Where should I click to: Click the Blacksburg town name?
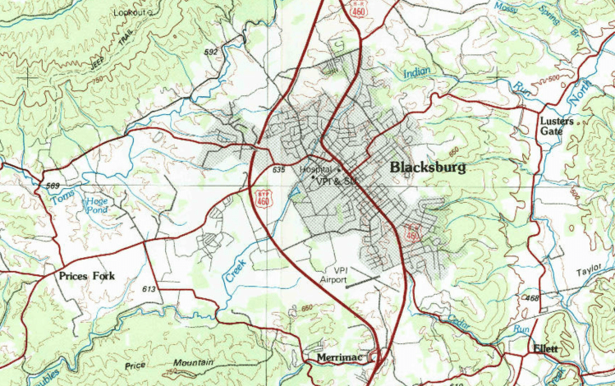[x=427, y=168]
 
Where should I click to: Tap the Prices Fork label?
[x=86, y=276]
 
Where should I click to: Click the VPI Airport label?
[x=333, y=275]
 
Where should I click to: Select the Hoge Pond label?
[x=97, y=205]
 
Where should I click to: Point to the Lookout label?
[x=132, y=12]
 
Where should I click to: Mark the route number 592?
[x=211, y=53]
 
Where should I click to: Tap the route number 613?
[x=149, y=290]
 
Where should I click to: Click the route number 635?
[x=278, y=170]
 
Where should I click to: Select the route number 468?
[x=530, y=298]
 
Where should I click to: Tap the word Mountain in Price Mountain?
[x=194, y=362]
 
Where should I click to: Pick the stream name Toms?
[x=62, y=198]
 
